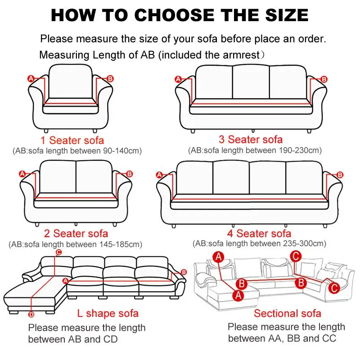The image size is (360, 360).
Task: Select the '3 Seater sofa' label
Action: tap(251, 139)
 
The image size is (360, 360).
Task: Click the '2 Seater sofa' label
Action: tap(76, 234)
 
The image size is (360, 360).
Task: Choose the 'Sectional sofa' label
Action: tap(287, 313)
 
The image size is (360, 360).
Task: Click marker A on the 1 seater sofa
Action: tap(31, 78)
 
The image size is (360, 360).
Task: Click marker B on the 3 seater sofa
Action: tap(324, 79)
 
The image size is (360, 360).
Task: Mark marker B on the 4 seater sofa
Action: tap(340, 175)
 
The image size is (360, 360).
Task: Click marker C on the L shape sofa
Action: tap(58, 252)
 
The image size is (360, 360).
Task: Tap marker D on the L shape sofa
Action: tap(31, 314)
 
